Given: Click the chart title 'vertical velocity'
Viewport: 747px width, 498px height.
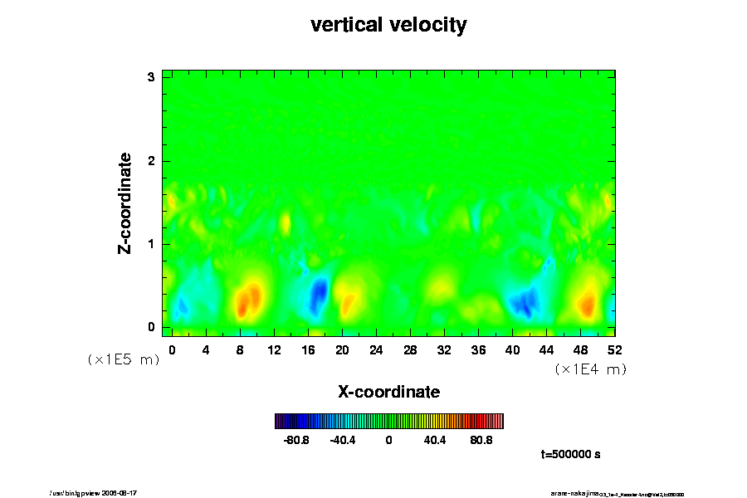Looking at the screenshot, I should [x=388, y=25].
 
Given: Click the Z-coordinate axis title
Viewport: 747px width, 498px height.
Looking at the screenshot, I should [x=125, y=203].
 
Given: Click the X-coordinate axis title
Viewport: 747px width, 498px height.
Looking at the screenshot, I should [x=388, y=391].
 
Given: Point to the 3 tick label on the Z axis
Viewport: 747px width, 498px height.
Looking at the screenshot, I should [x=151, y=77].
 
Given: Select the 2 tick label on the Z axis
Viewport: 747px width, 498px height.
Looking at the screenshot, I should [x=151, y=161].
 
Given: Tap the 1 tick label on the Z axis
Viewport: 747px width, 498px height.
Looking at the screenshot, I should [x=151, y=244].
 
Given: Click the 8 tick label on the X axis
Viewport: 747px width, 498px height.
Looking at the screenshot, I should [x=240, y=350].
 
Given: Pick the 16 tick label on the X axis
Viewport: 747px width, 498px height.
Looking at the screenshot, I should [x=308, y=350].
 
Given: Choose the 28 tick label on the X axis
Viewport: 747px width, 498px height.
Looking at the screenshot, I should [x=410, y=350].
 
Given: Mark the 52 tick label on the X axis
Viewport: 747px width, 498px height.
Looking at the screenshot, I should [x=614, y=350].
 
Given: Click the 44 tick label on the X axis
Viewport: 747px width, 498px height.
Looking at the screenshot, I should [x=546, y=350].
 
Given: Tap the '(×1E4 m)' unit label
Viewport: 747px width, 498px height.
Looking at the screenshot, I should [x=590, y=369].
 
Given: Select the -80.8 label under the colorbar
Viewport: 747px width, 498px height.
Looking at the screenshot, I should [x=296, y=440].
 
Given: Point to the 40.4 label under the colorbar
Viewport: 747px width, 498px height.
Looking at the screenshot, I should [x=435, y=440].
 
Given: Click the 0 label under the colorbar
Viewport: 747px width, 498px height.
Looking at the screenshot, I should [x=388, y=440].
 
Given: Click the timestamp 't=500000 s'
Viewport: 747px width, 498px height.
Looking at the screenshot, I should [x=570, y=454].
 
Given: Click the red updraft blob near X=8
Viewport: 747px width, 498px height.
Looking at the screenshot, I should [x=248, y=300].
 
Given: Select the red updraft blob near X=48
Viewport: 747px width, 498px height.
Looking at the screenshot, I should [x=587, y=304].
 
